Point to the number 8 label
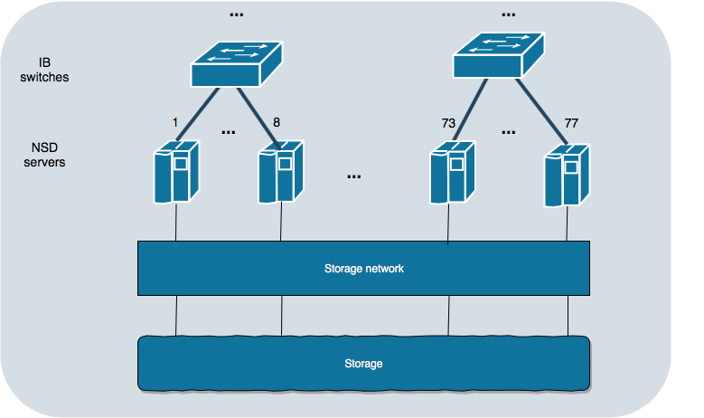coord(276,121)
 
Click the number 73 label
coord(448,121)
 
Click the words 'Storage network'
coord(364,269)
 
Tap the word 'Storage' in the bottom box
coord(363,364)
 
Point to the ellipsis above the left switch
coord(237,15)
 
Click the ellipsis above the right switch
coord(508,15)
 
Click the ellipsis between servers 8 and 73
coord(353,177)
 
